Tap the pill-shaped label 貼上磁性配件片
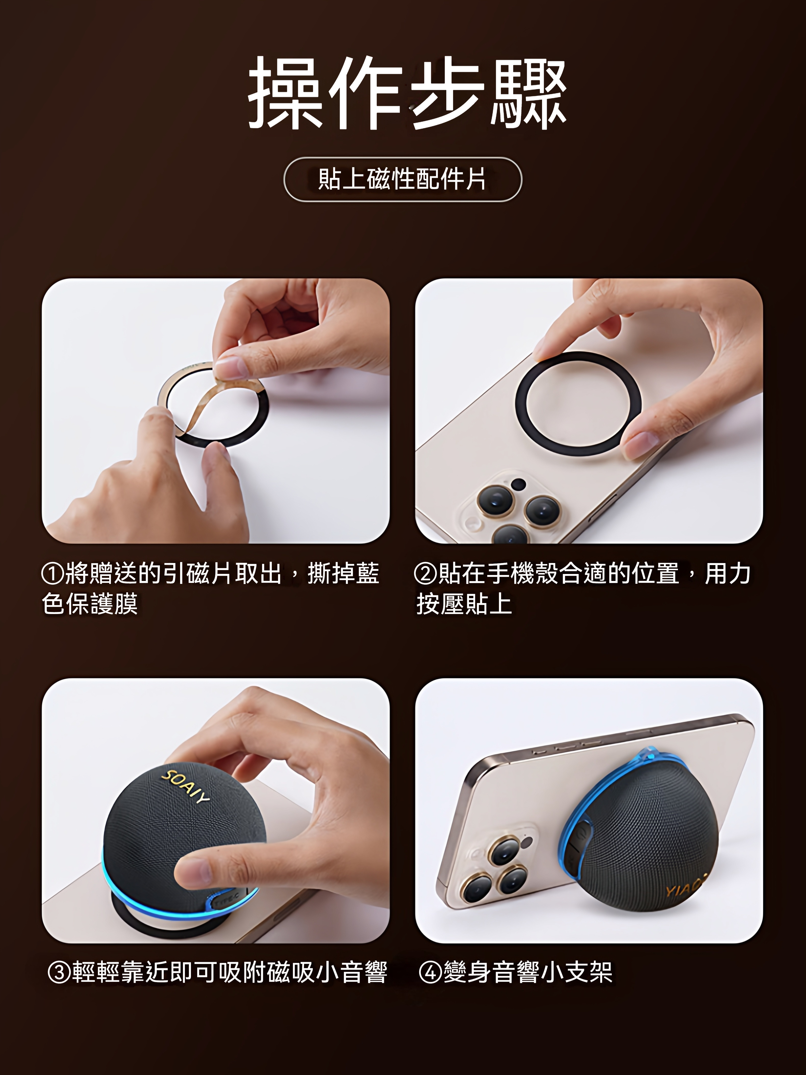pyautogui.click(x=402, y=179)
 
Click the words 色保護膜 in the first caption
pyautogui.click(x=90, y=604)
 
